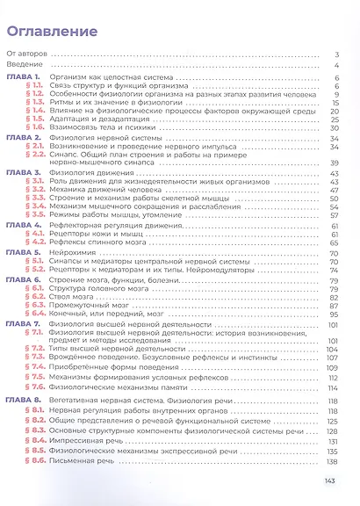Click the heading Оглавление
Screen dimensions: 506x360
[52, 33]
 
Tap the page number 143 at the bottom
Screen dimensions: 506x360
[330, 481]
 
